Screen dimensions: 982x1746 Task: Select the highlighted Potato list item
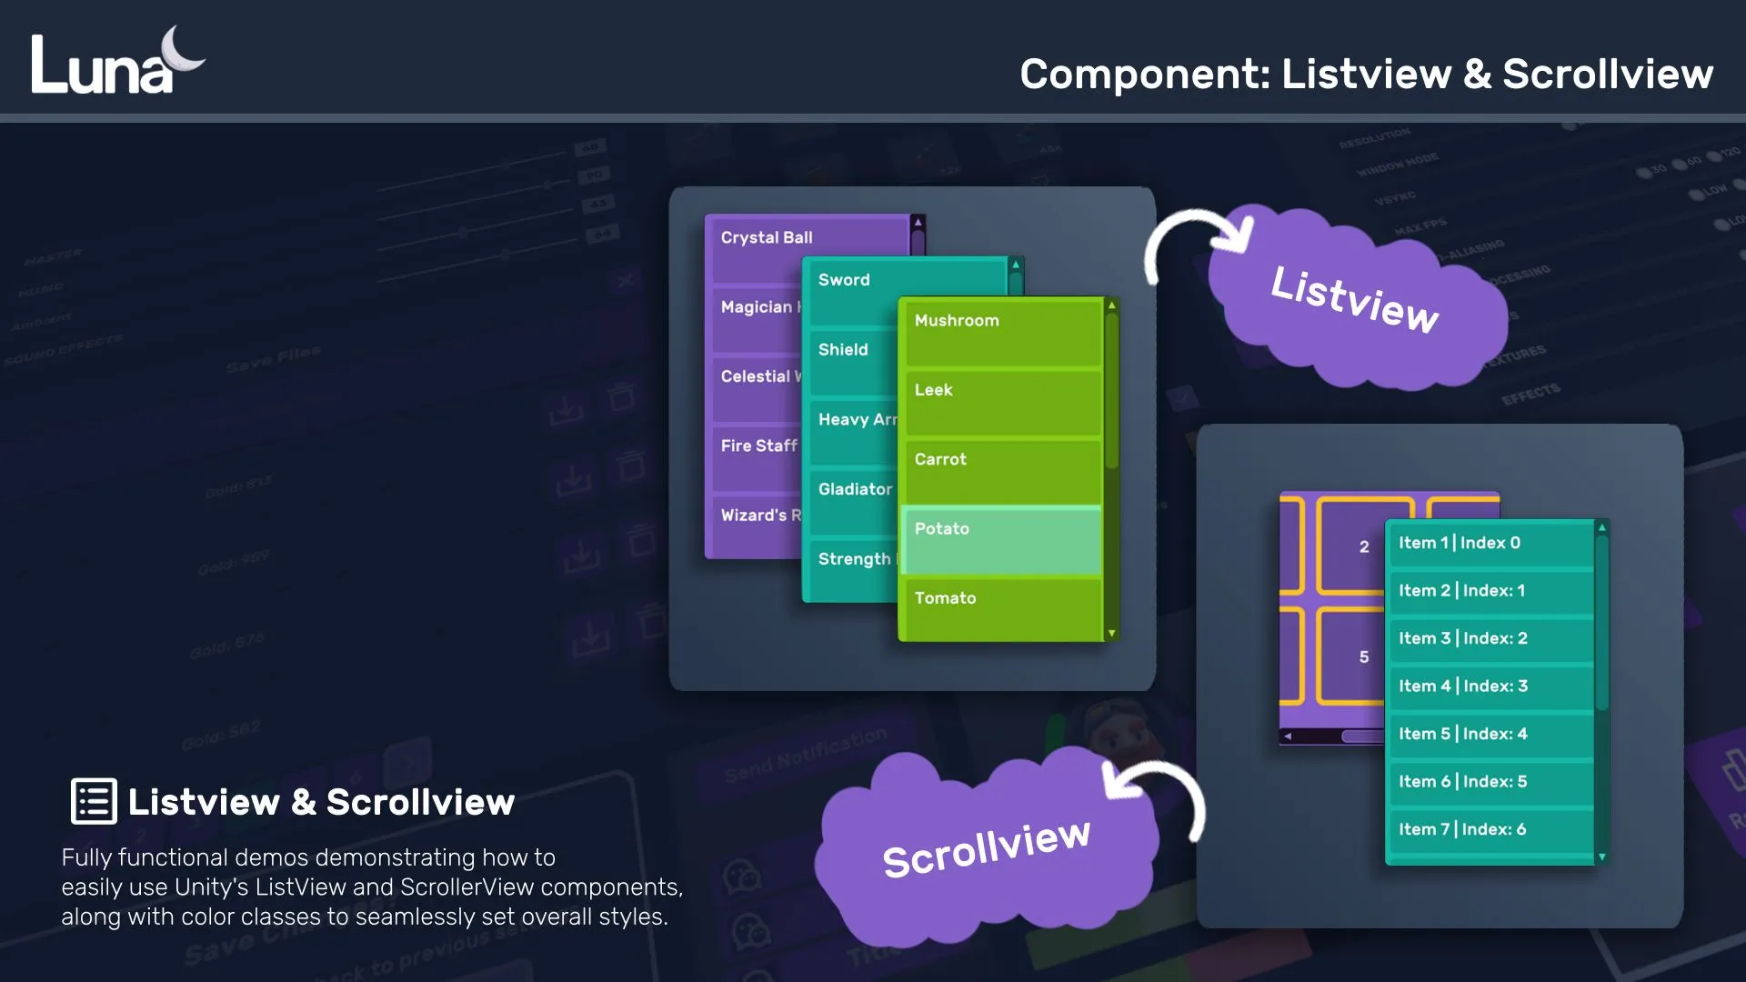tap(1000, 539)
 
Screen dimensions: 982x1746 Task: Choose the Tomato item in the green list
tap(1000, 607)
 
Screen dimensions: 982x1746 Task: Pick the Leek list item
tap(1000, 401)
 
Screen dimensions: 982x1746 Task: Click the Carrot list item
tap(1000, 470)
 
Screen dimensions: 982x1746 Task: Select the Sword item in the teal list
tap(855, 289)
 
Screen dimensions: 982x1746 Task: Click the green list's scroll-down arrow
tap(1111, 634)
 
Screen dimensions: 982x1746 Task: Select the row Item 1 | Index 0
tap(1489, 544)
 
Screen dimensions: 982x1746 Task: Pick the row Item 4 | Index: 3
tap(1489, 686)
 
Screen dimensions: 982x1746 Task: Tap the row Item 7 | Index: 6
tap(1489, 830)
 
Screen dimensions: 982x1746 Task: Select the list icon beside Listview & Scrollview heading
tap(94, 801)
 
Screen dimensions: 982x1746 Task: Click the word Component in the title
tap(1144, 75)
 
